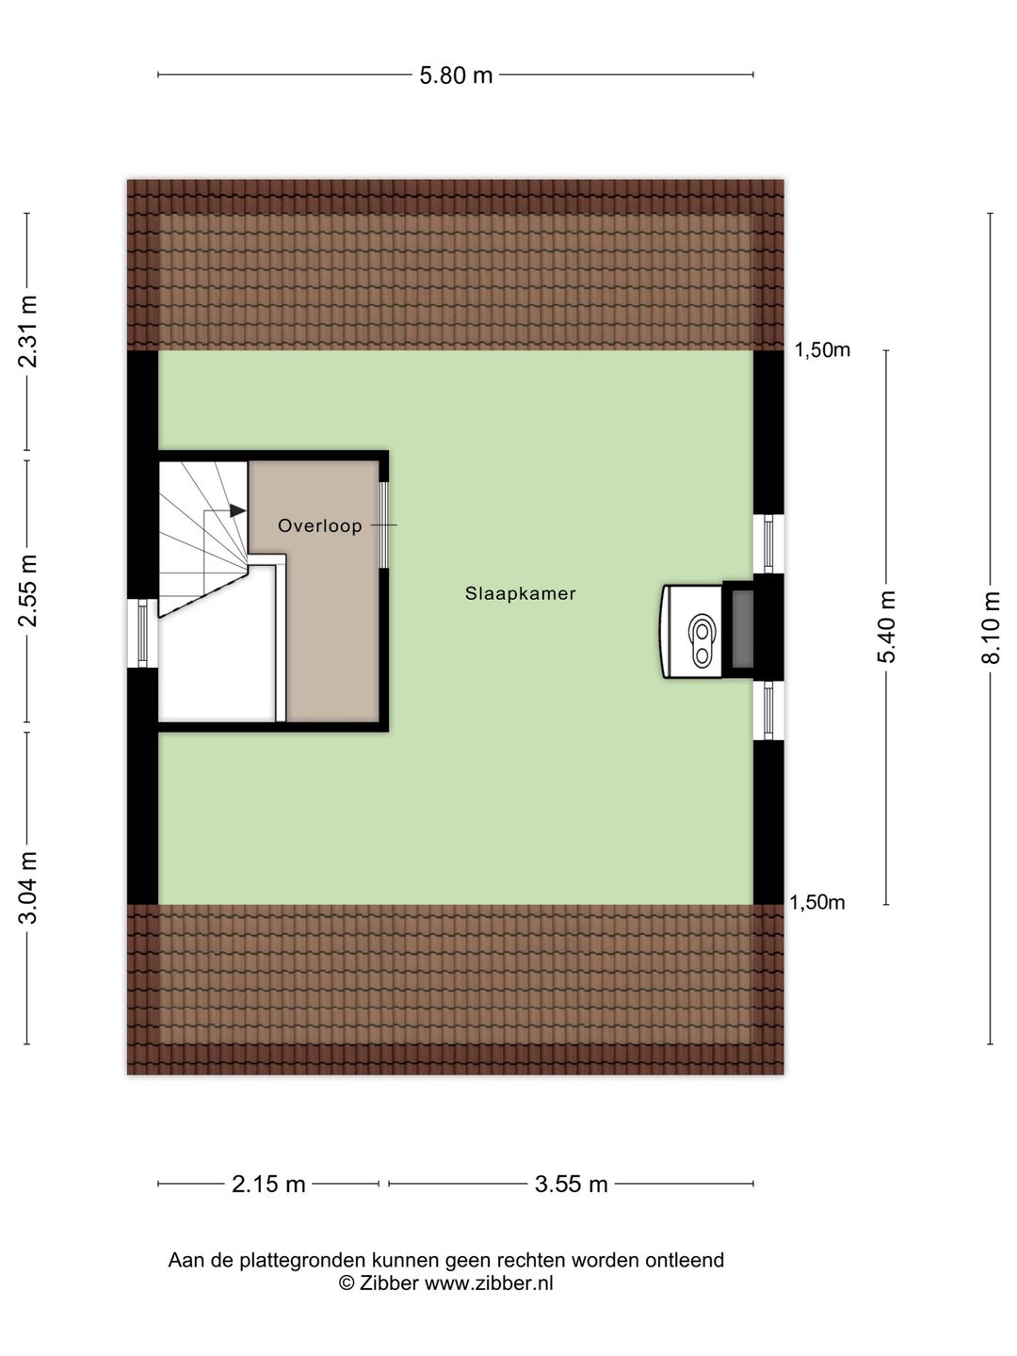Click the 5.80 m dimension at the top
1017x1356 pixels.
(456, 75)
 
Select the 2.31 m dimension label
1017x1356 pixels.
(29, 331)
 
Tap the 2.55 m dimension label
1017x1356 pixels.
(29, 590)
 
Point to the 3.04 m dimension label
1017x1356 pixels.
(29, 887)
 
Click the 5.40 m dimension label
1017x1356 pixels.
(887, 627)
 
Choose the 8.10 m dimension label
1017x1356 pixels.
(991, 627)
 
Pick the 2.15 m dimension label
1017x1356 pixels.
(268, 1185)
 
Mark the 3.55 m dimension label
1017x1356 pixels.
(571, 1185)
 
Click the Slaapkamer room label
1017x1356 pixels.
(520, 594)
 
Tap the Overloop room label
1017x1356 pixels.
(320, 526)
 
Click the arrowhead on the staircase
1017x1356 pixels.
(238, 510)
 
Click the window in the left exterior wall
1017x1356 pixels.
(142, 634)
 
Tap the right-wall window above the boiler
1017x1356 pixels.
(769, 543)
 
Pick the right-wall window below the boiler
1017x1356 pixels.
(769, 710)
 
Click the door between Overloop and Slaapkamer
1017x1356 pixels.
(384, 525)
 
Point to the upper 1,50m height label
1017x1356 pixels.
(822, 350)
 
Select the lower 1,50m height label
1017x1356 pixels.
(816, 903)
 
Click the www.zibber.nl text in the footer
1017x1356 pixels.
(489, 1283)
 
